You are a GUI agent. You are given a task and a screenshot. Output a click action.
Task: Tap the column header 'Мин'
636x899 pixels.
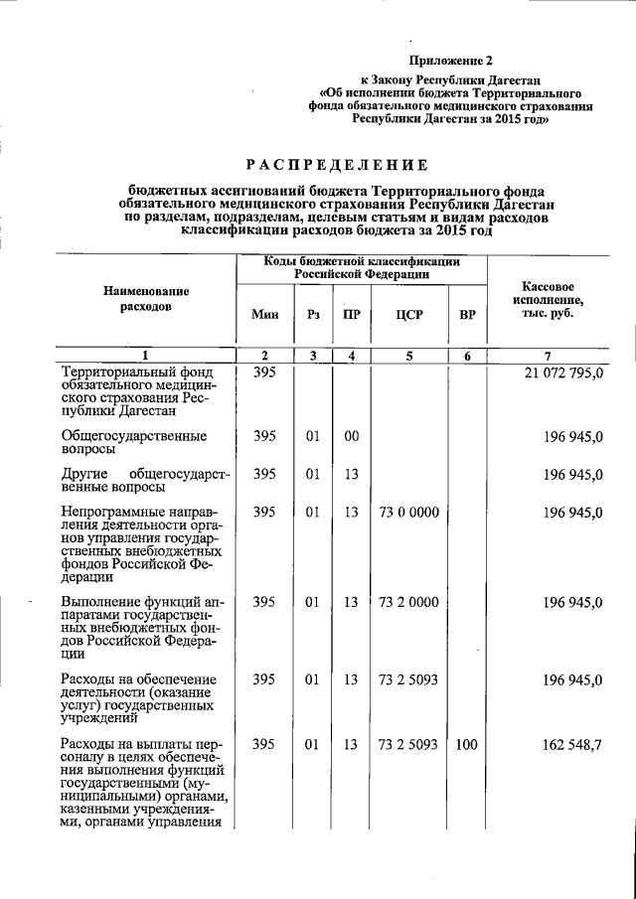point(264,315)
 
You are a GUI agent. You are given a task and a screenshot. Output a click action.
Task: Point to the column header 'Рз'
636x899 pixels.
point(313,315)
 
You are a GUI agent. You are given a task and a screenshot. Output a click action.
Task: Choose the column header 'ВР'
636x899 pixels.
point(467,315)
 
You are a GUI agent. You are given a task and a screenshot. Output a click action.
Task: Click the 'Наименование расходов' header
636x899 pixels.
point(145,299)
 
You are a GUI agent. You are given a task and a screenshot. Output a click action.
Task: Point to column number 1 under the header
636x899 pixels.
point(145,356)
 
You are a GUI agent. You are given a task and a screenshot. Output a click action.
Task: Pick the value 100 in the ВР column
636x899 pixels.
point(466,744)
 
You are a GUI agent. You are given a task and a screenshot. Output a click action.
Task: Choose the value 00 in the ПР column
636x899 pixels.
point(350,436)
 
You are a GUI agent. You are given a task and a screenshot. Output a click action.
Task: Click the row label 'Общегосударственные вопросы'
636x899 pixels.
point(133,443)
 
